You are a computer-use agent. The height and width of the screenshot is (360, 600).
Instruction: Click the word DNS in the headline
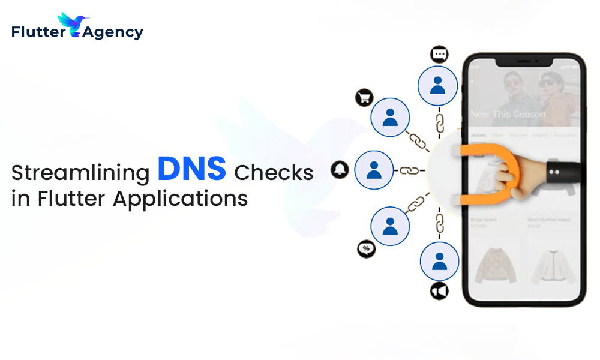pos(191,169)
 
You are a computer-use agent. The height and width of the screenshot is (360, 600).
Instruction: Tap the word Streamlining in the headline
pos(80,173)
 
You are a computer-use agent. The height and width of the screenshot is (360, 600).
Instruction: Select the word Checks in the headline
pos(274,173)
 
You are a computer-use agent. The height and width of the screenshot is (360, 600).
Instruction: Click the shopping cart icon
pos(364,98)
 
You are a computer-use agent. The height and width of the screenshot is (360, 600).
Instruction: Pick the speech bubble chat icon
pos(439,55)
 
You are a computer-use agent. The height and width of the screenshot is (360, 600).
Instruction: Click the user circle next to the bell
pos(374,170)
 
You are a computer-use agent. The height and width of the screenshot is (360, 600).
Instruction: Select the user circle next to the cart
pos(390,116)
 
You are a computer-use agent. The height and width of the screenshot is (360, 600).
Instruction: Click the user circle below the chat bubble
pos(439,85)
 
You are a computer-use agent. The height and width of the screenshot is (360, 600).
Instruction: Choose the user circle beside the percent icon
pos(390,225)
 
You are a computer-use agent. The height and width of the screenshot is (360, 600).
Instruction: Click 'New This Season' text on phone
pos(508,114)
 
